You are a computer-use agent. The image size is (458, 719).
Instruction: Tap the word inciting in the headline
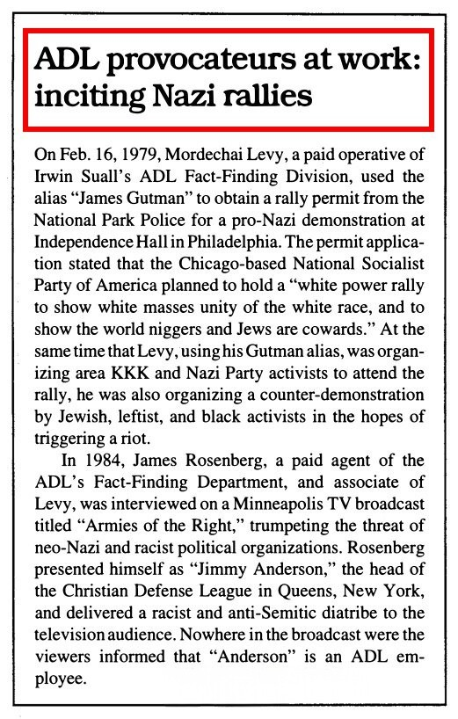click(77, 95)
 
